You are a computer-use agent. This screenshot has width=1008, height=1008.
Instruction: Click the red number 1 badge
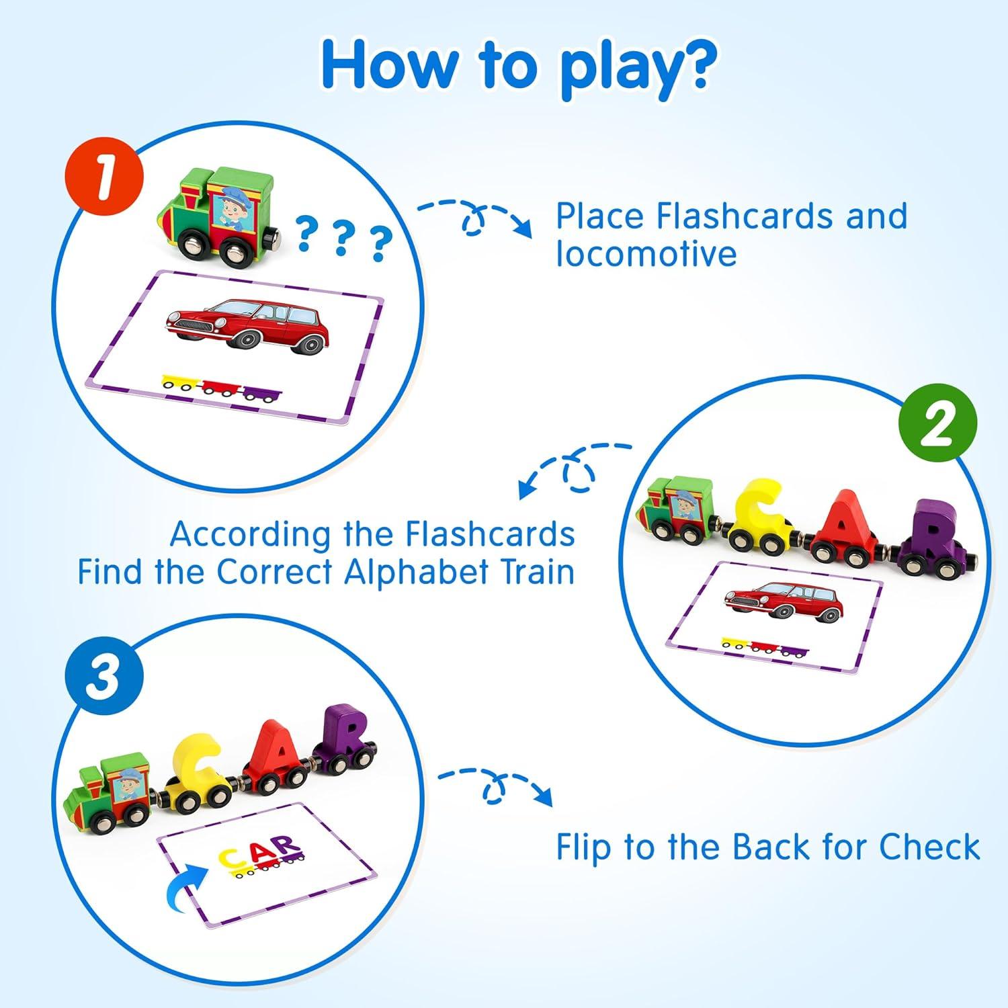coord(104,179)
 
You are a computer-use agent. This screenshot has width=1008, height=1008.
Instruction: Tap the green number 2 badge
coord(937,423)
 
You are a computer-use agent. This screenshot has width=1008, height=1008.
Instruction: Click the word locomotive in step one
coord(646,254)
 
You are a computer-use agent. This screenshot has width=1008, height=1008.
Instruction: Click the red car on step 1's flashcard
coord(248,325)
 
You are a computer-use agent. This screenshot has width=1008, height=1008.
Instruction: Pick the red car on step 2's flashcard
coord(783,600)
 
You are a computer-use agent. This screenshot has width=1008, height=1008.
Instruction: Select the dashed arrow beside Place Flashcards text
coord(476,216)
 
